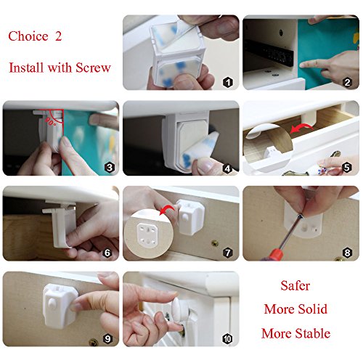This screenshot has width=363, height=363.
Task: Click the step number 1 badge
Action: [x=228, y=83]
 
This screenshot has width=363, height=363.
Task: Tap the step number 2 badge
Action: [x=347, y=83]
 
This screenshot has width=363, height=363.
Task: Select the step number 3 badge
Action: [x=110, y=168]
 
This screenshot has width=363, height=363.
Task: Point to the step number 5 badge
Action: [x=347, y=168]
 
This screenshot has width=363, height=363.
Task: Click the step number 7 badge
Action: [x=228, y=253]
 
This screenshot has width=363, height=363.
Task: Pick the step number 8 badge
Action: [x=347, y=253]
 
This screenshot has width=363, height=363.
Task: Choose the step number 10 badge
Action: [x=227, y=339]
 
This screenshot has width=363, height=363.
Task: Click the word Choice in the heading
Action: [x=28, y=36]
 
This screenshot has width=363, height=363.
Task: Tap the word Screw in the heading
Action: [x=93, y=68]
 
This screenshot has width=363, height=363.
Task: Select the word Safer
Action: [x=295, y=285]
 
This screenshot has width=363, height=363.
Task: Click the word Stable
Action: [x=313, y=333]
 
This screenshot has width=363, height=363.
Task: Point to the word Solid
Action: [x=312, y=309]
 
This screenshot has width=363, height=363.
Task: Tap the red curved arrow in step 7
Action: [x=168, y=208]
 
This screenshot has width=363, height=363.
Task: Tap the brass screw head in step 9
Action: [x=94, y=342]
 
